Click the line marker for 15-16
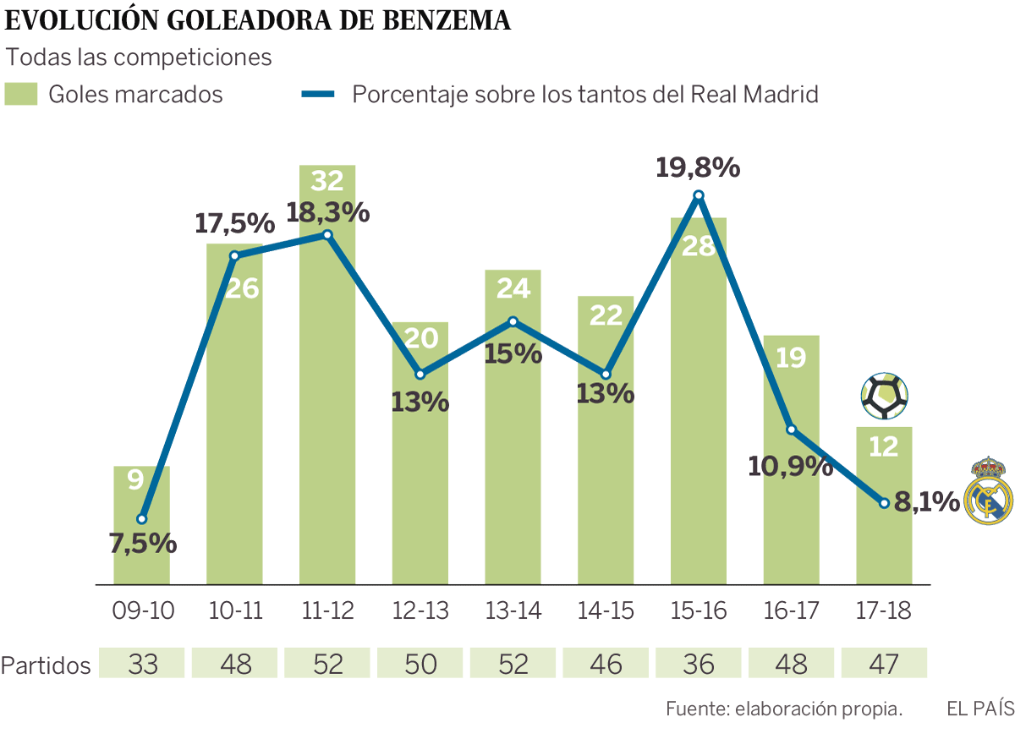click(699, 196)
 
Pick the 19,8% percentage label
click(698, 167)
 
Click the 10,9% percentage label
click(790, 465)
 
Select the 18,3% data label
click(328, 212)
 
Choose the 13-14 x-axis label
click(513, 611)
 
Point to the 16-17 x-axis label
click(791, 611)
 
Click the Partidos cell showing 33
click(143, 664)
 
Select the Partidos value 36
click(699, 664)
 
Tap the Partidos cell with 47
click(884, 664)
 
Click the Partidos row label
click(46, 665)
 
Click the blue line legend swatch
click(319, 94)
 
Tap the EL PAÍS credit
click(979, 709)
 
